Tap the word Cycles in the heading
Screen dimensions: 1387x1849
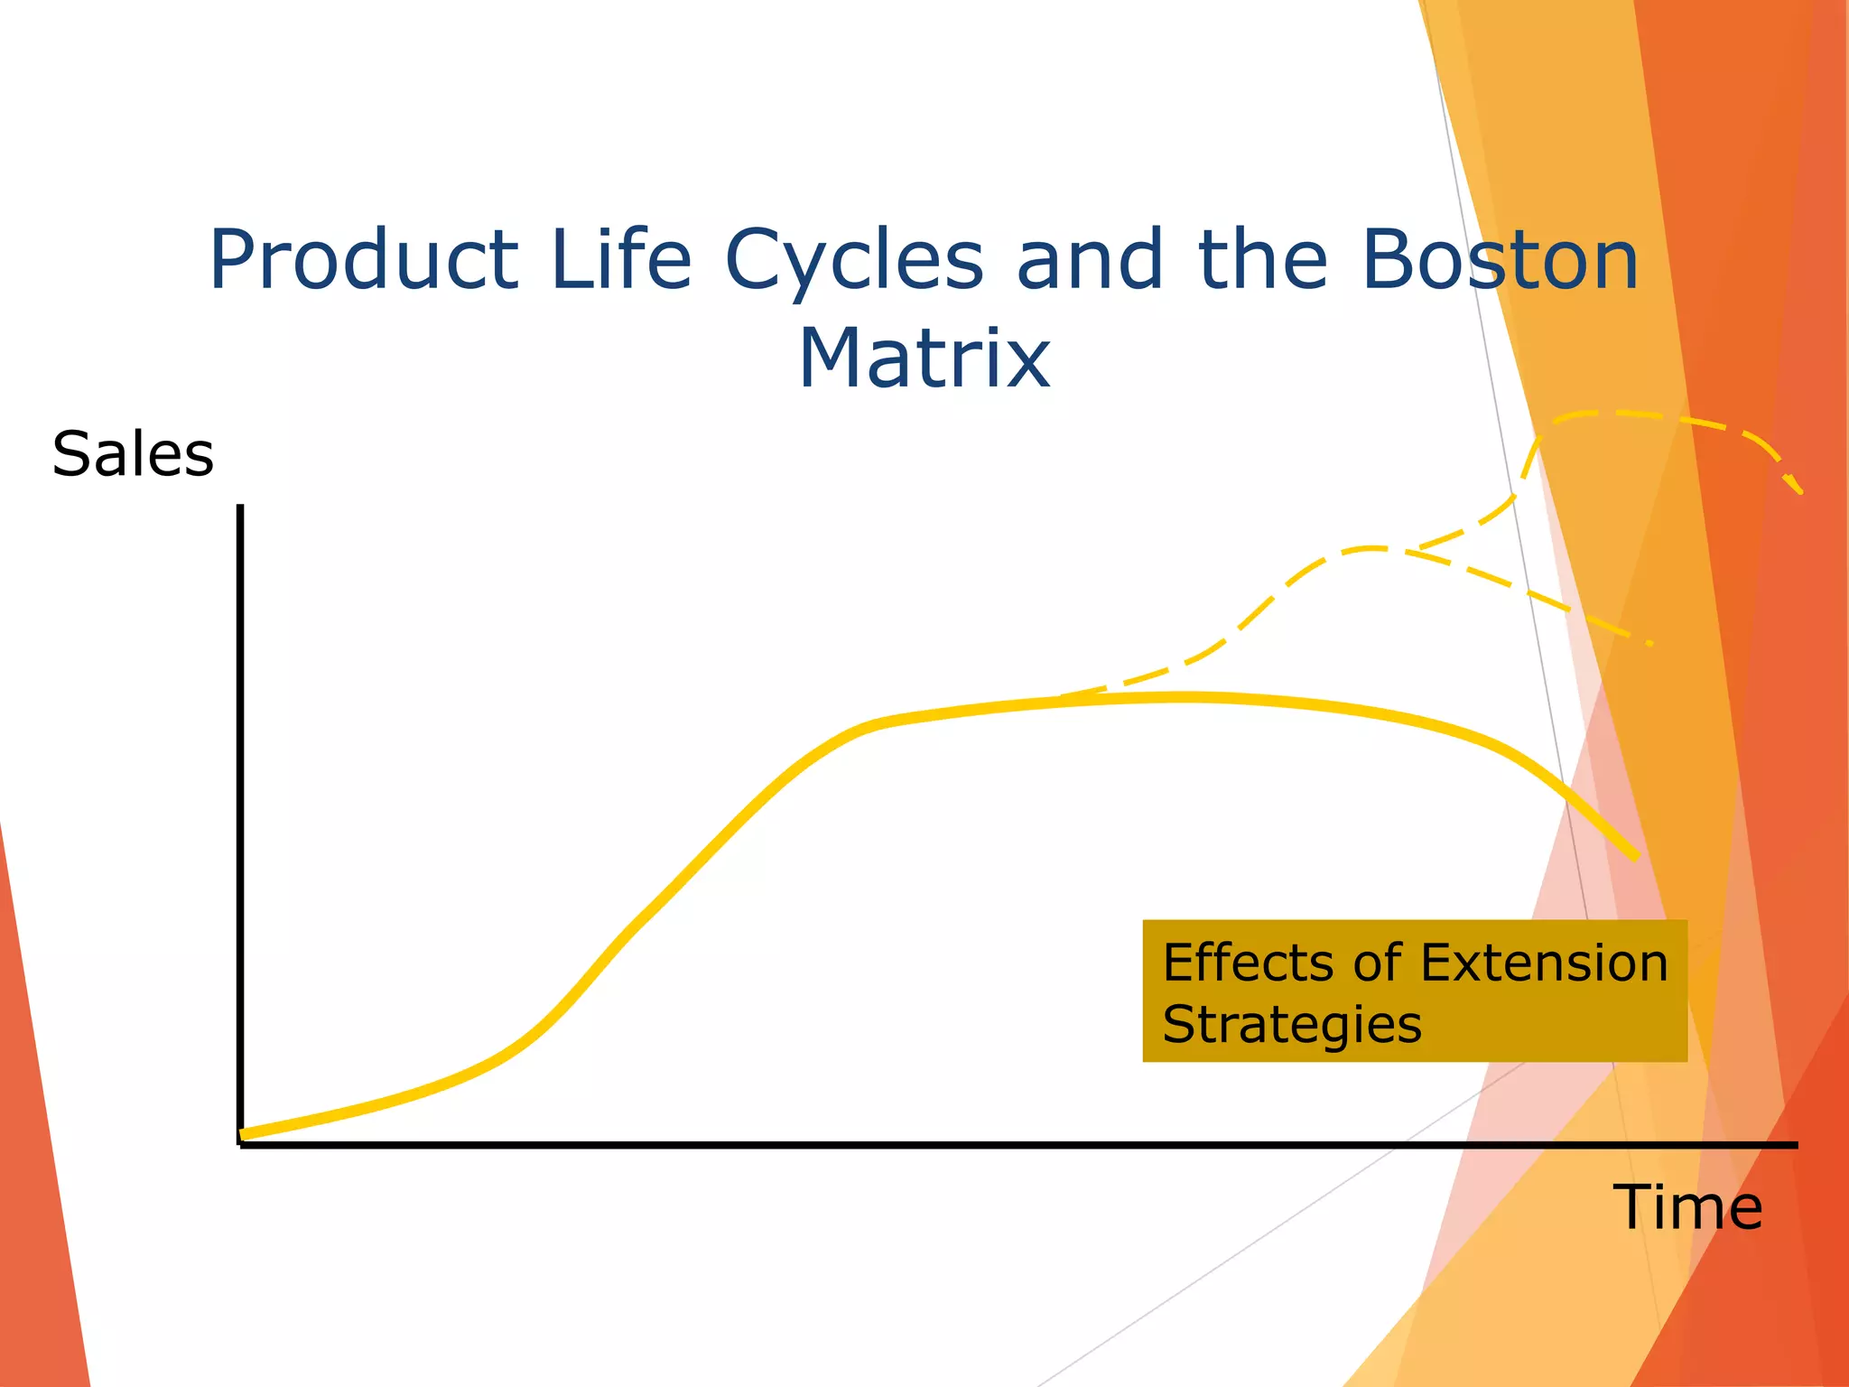click(x=853, y=262)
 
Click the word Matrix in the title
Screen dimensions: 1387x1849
click(x=924, y=359)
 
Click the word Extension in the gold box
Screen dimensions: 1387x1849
click(x=1544, y=963)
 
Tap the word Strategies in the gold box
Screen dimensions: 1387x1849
click(x=1291, y=1024)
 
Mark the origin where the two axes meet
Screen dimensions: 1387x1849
click(x=240, y=1144)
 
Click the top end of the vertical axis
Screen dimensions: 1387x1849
click(x=240, y=507)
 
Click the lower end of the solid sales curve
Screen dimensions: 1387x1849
click(x=244, y=1134)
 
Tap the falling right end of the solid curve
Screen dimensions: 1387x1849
click(x=1635, y=856)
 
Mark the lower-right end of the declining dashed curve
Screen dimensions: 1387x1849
click(x=1649, y=643)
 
